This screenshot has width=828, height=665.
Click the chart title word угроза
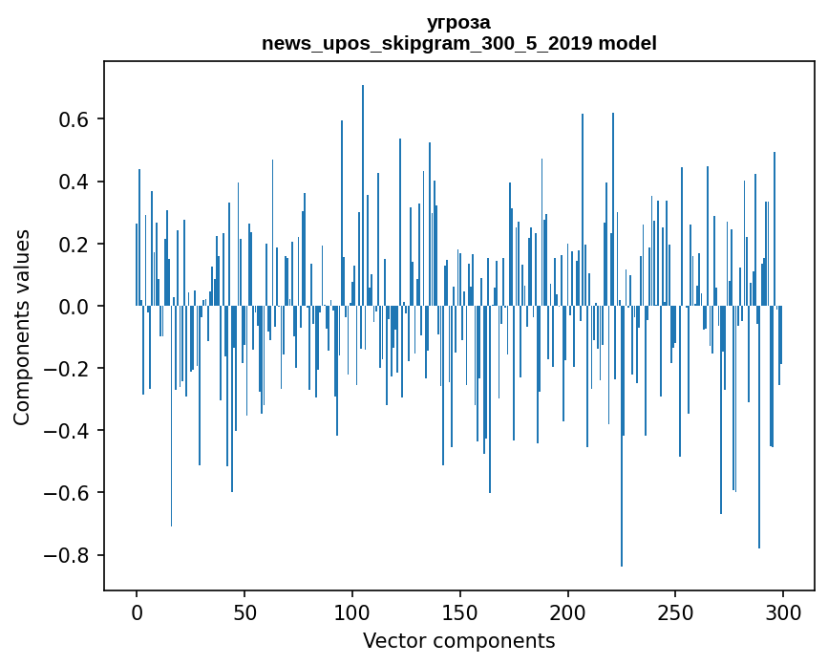point(458,22)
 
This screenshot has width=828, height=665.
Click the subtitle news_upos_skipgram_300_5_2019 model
point(458,43)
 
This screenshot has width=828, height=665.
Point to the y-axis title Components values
point(22,327)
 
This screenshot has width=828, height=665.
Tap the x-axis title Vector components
point(458,640)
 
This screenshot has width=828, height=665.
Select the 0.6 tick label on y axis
point(75,119)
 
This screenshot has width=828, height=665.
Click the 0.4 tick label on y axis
point(75,182)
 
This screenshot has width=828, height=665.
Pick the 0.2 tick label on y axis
point(75,244)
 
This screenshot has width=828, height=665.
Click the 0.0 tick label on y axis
point(75,306)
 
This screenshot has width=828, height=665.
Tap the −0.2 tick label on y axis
point(70,369)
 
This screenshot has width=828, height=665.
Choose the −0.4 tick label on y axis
point(70,431)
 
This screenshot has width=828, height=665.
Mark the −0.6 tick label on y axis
point(70,493)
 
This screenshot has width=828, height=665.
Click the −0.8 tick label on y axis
point(70,555)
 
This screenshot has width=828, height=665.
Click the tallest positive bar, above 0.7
point(363,191)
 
